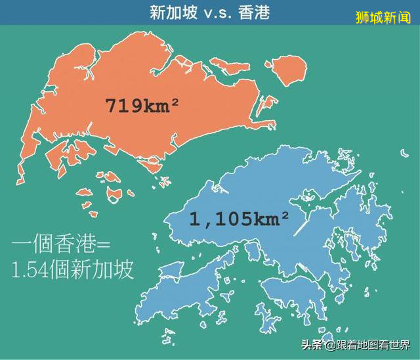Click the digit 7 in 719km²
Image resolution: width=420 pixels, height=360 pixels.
[x=112, y=105]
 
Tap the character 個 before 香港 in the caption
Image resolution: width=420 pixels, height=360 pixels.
[x=43, y=248]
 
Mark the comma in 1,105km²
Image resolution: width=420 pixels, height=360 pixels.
[x=205, y=224]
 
